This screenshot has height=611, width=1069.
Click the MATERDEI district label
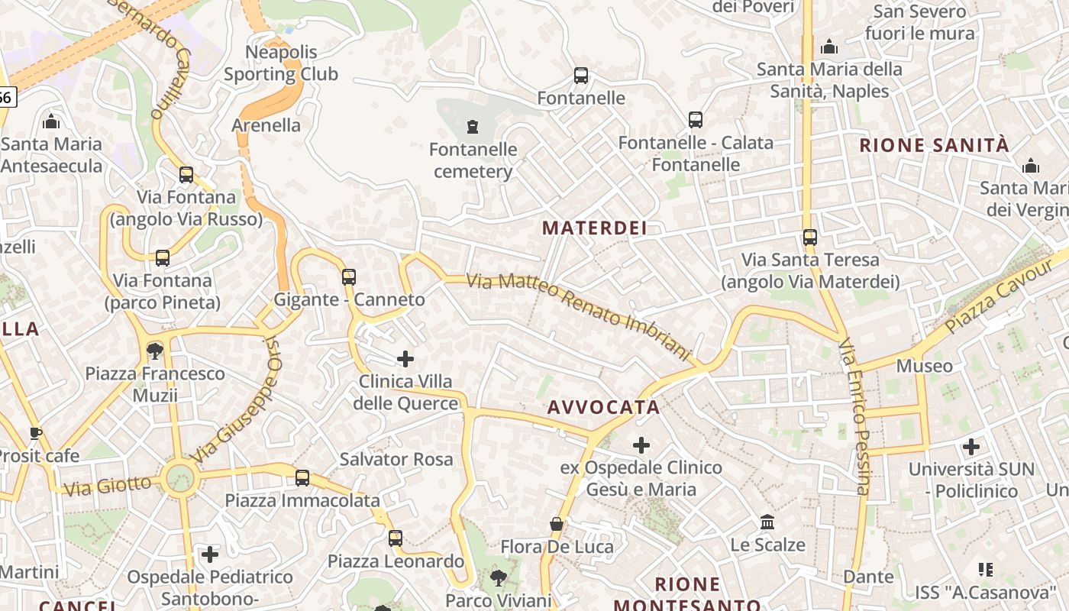coord(595,228)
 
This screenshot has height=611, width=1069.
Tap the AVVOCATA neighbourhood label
coord(603,407)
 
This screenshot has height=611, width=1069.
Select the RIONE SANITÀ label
coord(935,145)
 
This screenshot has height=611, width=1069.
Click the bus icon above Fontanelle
coord(581,76)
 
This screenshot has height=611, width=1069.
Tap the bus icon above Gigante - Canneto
coord(349,276)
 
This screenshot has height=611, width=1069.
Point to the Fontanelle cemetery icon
coord(473,126)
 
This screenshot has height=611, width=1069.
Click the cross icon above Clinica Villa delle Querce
coord(405,358)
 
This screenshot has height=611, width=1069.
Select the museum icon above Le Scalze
coord(767,522)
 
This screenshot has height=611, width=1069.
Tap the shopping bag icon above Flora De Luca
coord(557,524)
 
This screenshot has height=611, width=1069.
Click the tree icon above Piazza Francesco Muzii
coord(155,351)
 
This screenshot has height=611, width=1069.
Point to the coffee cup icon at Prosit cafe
coord(35,433)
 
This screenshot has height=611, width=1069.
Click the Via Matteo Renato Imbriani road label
coord(578,316)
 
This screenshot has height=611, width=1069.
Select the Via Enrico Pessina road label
coord(854,416)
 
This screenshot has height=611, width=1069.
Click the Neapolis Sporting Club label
coord(280,63)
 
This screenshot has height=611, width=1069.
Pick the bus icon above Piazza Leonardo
coord(395,538)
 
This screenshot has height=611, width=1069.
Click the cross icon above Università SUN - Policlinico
coord(971,446)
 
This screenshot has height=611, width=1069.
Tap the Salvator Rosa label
coord(396,459)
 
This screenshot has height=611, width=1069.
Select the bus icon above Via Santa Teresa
coord(810,238)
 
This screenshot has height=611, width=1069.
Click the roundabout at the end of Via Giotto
coord(180,479)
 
